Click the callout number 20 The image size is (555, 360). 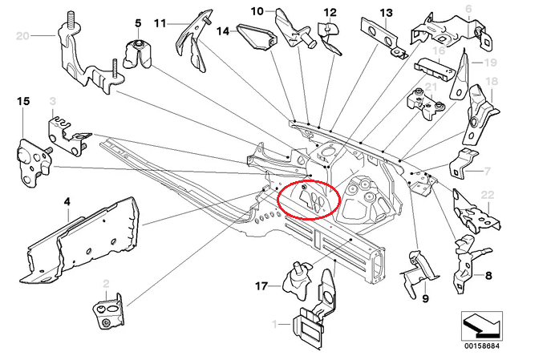coord(22,36)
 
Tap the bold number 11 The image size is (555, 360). coord(160,23)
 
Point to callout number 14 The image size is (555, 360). coord(222,31)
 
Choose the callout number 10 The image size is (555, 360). coord(257,11)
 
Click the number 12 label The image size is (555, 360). coord(330,13)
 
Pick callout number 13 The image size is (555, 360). coord(387,13)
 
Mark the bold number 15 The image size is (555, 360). coord(22,101)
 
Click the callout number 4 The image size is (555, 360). coord(68,204)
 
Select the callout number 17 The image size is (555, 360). coord(261,285)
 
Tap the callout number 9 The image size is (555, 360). coord(424,299)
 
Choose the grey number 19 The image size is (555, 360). coord(491,63)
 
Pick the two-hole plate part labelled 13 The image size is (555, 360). coord(380,35)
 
